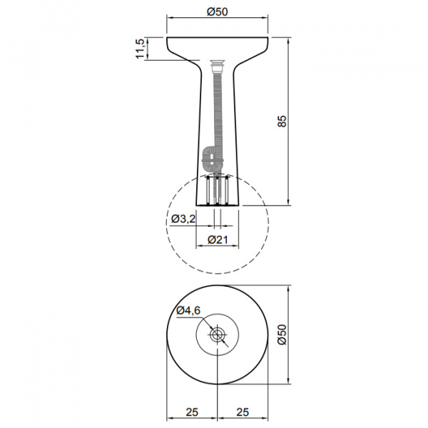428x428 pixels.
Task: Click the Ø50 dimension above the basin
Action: [218, 11]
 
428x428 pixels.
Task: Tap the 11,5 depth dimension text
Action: [140, 49]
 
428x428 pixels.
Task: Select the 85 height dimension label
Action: [282, 121]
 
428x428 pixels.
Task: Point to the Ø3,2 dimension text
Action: [183, 219]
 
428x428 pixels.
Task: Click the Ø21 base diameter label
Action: [218, 240]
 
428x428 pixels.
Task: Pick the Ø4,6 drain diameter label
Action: [188, 310]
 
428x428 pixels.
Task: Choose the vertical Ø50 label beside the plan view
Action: [282, 335]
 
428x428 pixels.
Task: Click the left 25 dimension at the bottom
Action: [192, 412]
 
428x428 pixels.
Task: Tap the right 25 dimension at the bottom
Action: [243, 412]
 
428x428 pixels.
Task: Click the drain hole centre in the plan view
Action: [218, 335]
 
